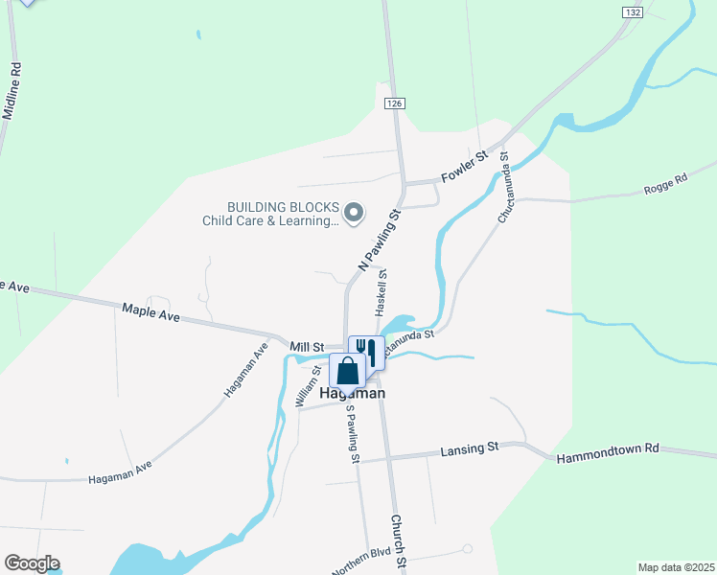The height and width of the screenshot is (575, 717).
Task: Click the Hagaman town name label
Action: [353, 393]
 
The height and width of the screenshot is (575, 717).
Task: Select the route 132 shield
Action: [631, 11]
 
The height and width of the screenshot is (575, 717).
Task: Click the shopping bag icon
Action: [347, 372]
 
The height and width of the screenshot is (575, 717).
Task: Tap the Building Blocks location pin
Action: [354, 213]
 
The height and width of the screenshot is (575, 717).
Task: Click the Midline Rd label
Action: [12, 92]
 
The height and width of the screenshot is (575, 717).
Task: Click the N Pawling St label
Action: [377, 240]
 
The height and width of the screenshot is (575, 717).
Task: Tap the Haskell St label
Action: [382, 293]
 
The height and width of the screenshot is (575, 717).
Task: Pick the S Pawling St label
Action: [352, 434]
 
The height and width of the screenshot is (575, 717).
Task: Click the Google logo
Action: [32, 563]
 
